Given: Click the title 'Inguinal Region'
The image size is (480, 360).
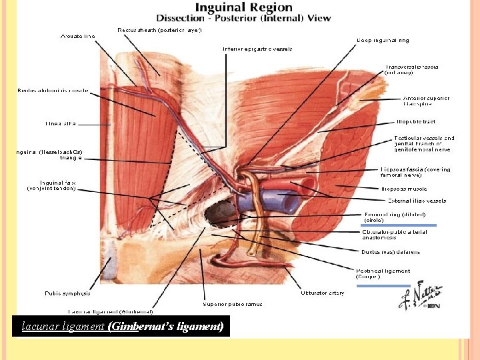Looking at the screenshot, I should point(243,7).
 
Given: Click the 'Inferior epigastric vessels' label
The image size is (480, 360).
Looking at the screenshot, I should point(257,49).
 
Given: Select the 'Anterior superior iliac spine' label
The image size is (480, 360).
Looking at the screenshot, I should point(426,101).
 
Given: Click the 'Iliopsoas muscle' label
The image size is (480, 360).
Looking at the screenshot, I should point(404,189).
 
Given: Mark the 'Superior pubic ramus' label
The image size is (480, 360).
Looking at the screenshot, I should point(233,303).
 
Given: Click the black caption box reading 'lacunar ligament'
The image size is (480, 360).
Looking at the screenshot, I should point(122,327).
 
